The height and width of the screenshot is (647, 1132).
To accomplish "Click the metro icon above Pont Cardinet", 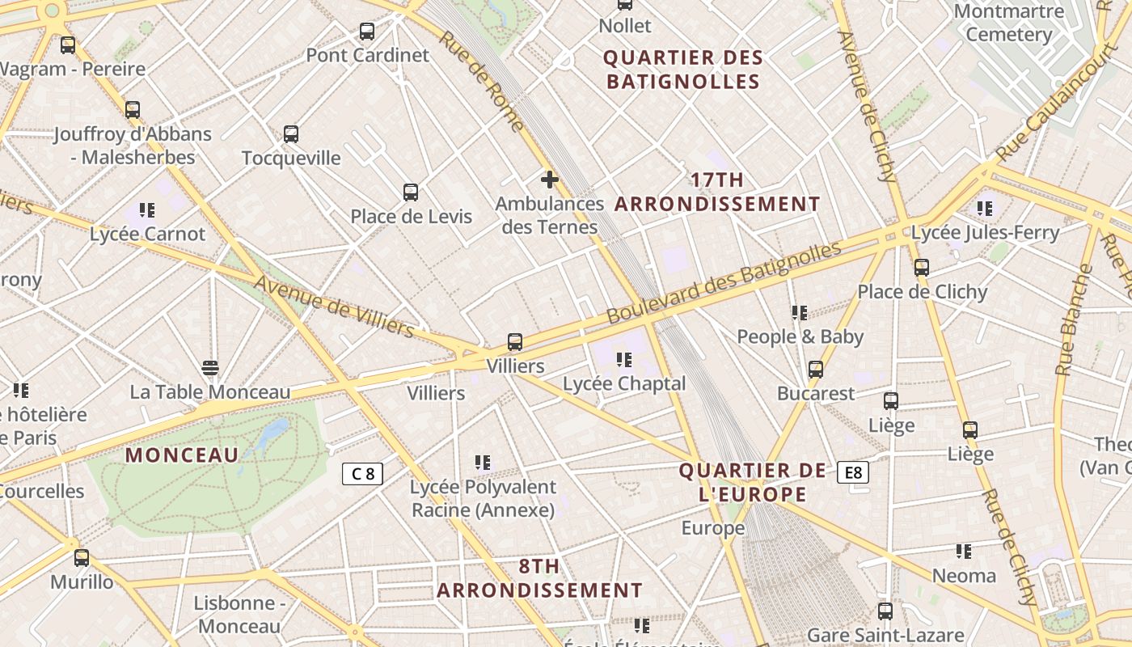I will click(367, 32).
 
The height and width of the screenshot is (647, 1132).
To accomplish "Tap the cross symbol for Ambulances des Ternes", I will click(550, 179).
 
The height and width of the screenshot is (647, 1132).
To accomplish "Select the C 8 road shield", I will click(362, 474).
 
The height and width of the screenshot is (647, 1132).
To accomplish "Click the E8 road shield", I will click(855, 472).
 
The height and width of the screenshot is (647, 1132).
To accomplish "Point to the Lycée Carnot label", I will click(148, 234).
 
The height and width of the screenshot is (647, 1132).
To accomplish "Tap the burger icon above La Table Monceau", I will click(210, 369).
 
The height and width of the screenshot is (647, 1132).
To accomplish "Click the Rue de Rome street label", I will click(483, 80).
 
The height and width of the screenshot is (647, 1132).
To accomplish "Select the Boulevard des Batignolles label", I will click(724, 282).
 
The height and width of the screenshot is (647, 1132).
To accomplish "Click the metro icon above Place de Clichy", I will click(922, 268).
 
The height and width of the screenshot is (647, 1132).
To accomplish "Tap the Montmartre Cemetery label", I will click(1008, 23).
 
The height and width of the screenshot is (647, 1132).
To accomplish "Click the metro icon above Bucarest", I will click(816, 370).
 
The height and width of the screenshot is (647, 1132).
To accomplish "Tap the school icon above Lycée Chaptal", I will click(623, 359).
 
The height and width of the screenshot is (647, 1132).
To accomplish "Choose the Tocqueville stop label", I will click(291, 158).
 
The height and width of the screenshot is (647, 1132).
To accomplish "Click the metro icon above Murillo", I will click(82, 558).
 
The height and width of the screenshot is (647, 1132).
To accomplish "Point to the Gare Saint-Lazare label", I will click(885, 636).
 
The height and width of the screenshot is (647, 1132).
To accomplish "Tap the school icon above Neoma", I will click(963, 552).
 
